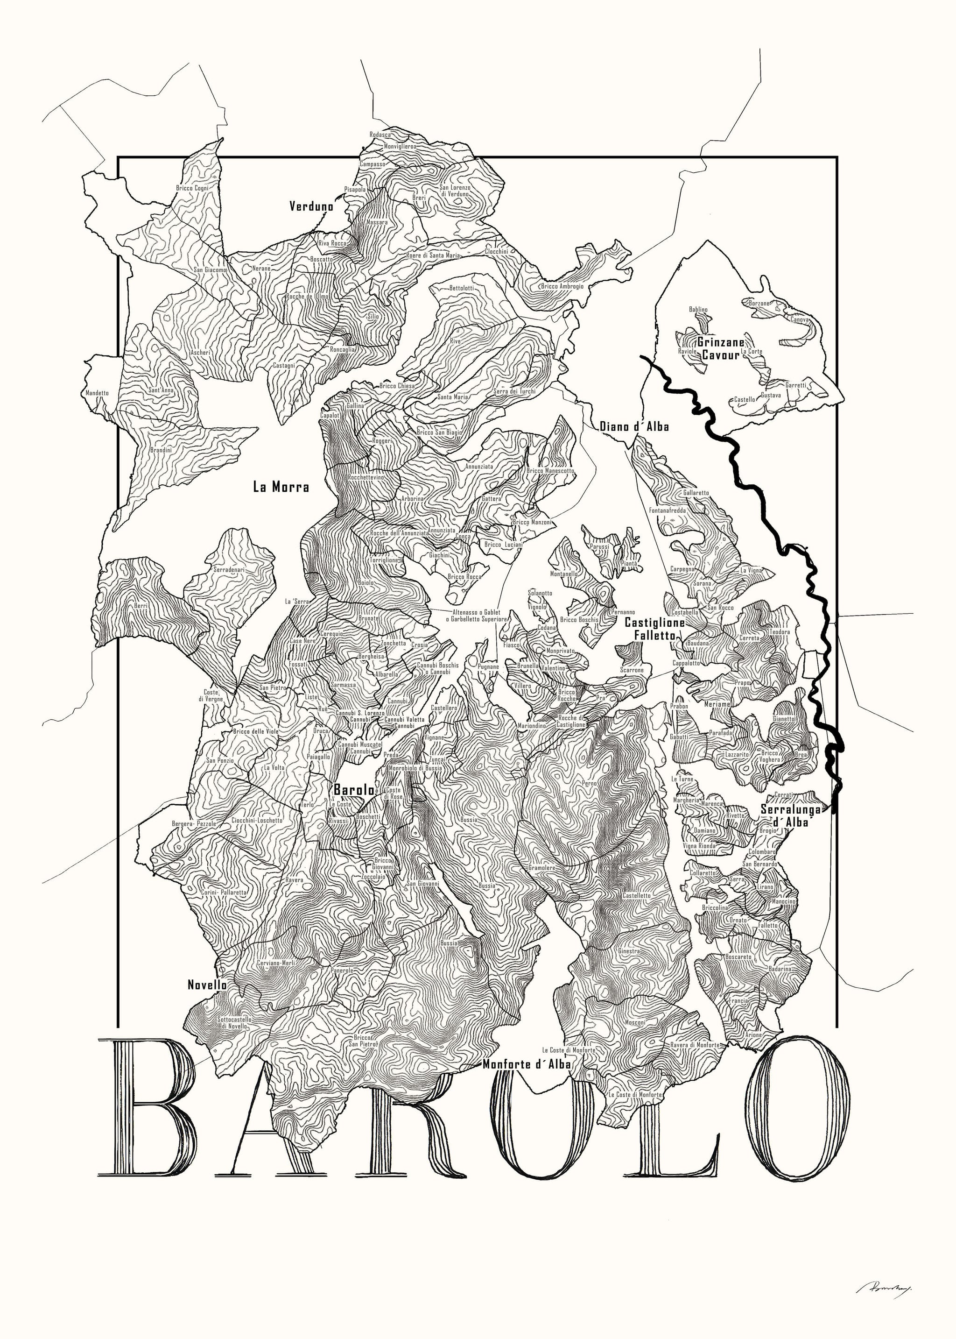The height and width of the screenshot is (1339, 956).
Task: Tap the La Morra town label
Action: [x=281, y=486]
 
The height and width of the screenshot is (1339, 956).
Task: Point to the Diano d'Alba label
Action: [x=634, y=426]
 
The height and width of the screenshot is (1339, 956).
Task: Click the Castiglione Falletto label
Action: [x=654, y=629]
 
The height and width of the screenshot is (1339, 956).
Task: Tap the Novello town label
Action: [x=207, y=984]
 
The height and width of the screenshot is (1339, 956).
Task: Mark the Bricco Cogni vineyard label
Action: [x=192, y=188]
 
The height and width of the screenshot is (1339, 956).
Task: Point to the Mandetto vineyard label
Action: [x=97, y=392]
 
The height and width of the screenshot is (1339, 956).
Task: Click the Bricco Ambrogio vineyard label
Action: [x=562, y=286]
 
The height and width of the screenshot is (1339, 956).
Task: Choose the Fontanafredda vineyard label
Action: [x=668, y=510]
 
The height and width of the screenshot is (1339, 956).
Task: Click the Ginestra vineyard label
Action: [x=629, y=951]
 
